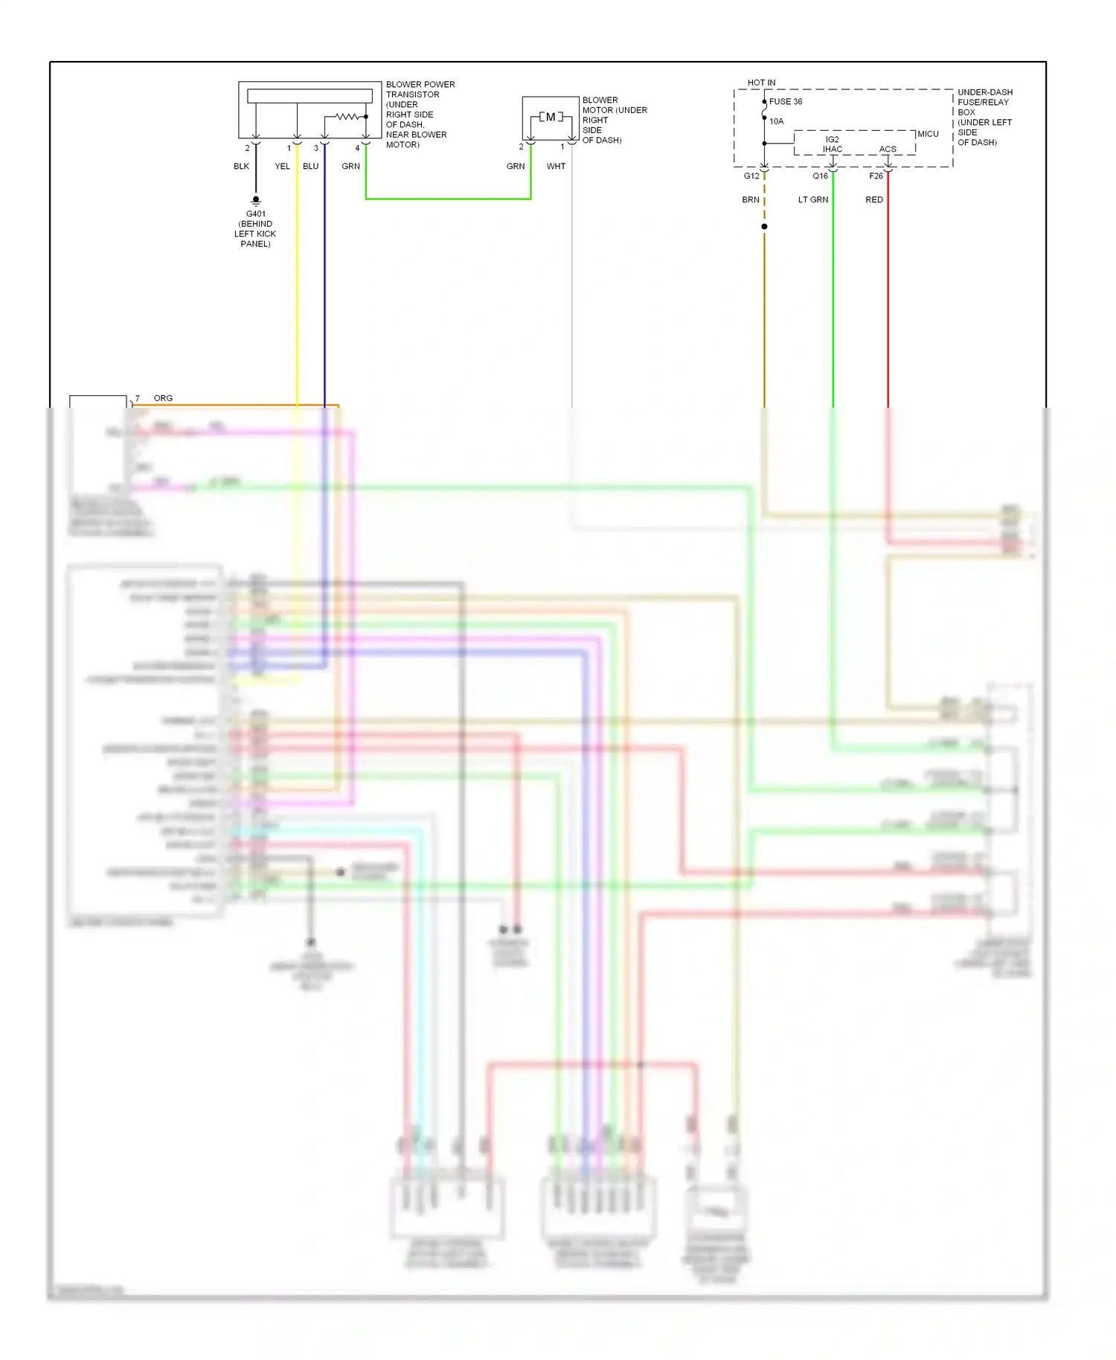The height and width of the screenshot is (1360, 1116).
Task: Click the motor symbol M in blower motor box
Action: (551, 117)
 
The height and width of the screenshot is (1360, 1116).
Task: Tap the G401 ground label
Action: (255, 214)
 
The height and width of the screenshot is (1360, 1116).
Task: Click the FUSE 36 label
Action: (786, 102)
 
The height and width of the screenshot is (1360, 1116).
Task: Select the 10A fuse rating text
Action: (776, 121)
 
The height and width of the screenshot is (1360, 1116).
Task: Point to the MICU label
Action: (928, 134)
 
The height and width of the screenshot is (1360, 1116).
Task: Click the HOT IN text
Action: (761, 83)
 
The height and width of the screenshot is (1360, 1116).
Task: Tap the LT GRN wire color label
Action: (812, 199)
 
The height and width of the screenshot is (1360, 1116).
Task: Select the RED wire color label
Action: (874, 199)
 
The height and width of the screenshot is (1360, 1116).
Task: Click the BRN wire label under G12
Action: (750, 199)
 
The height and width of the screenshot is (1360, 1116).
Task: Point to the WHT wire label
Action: (556, 166)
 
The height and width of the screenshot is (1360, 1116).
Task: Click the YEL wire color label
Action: (282, 166)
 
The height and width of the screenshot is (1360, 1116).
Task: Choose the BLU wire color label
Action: (310, 166)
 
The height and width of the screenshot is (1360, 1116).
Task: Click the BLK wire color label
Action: (241, 166)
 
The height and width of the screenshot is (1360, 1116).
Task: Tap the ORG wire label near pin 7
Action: (163, 398)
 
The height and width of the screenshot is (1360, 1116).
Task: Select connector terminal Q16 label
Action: (820, 176)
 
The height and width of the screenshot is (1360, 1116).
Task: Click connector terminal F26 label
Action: (876, 176)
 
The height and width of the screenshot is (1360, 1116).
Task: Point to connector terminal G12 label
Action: (751, 176)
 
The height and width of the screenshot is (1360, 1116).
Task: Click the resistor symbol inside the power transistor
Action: (347, 117)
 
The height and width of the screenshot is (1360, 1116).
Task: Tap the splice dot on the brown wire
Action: (764, 226)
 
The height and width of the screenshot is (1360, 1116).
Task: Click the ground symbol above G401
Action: (255, 200)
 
